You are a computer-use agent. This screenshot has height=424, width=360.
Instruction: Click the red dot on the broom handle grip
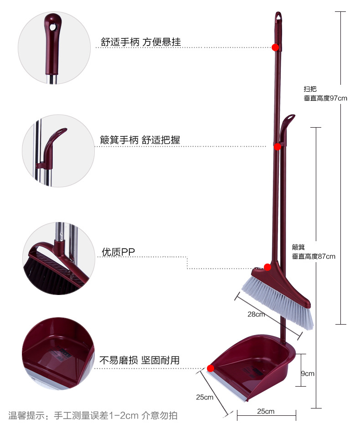(x=275, y=47)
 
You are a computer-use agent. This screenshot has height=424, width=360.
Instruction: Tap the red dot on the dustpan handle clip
(x=277, y=146)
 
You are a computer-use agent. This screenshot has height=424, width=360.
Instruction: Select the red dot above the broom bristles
(x=268, y=267)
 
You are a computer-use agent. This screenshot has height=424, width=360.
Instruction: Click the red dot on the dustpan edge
(x=211, y=368)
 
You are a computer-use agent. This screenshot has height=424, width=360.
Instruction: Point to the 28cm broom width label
(x=256, y=314)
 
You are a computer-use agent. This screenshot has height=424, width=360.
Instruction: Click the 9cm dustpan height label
(x=308, y=373)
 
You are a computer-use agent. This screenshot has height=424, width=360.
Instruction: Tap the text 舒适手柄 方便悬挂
(x=141, y=42)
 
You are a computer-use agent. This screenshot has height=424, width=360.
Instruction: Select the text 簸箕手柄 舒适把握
(x=140, y=140)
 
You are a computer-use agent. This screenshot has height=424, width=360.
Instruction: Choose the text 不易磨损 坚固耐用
(x=139, y=360)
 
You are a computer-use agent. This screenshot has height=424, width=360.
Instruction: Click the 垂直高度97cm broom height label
(x=325, y=98)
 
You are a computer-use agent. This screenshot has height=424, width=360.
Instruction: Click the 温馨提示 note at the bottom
(x=93, y=415)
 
